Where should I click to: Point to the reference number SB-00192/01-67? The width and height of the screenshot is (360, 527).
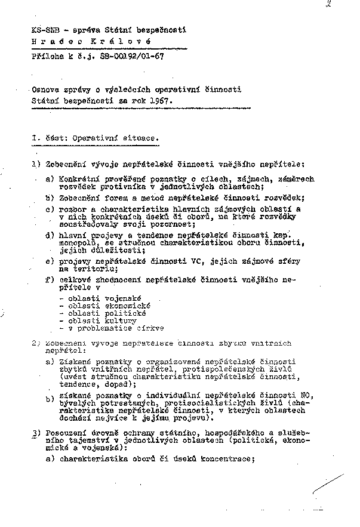click(129, 56)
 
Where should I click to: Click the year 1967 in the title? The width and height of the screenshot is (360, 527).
click(159, 101)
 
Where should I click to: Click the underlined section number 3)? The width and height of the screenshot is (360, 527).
click(36, 432)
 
